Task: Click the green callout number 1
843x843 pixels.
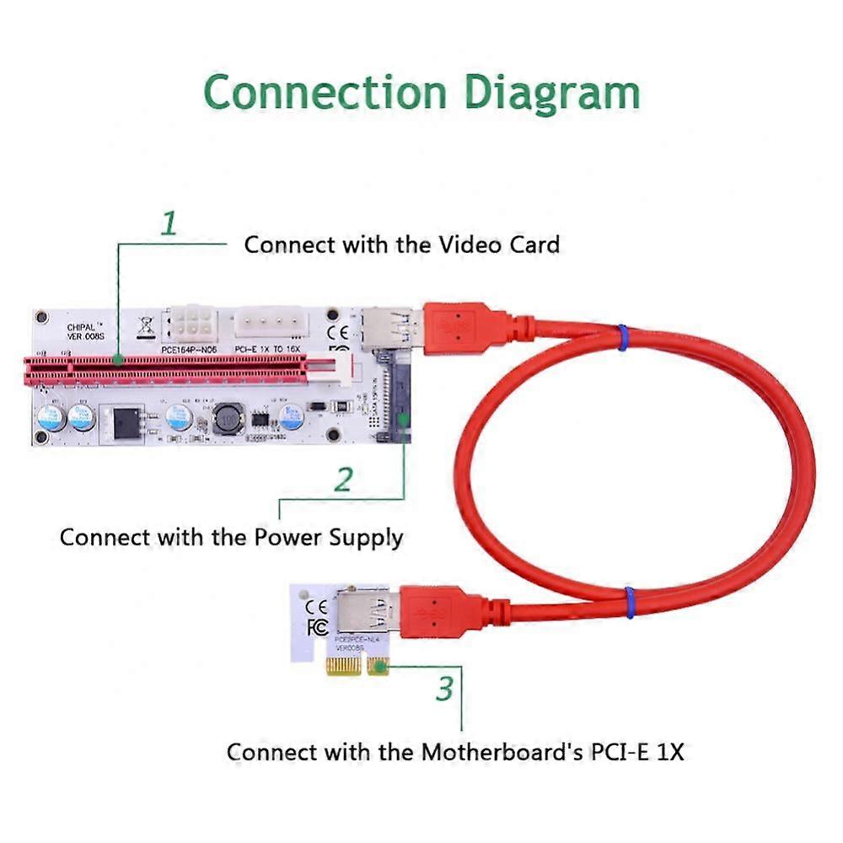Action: pos(169,223)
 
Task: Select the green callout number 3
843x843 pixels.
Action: pos(444,688)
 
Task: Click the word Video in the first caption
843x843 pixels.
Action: pos(473,244)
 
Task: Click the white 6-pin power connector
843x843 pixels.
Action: pos(194,321)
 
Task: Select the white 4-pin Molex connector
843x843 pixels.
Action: pos(271,323)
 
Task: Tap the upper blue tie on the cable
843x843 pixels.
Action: pos(622,337)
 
